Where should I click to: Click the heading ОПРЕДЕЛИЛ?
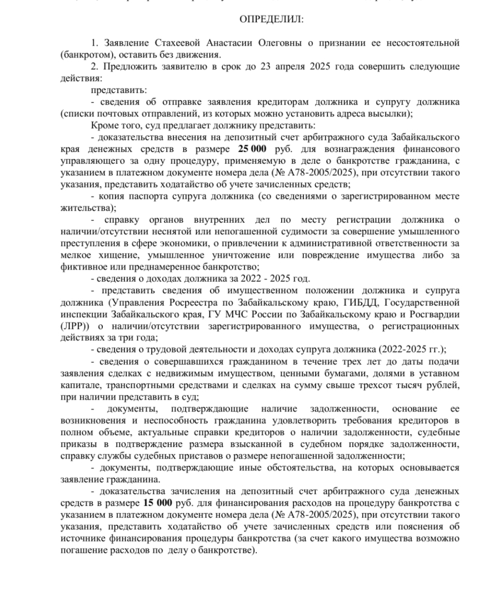click(x=272, y=20)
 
